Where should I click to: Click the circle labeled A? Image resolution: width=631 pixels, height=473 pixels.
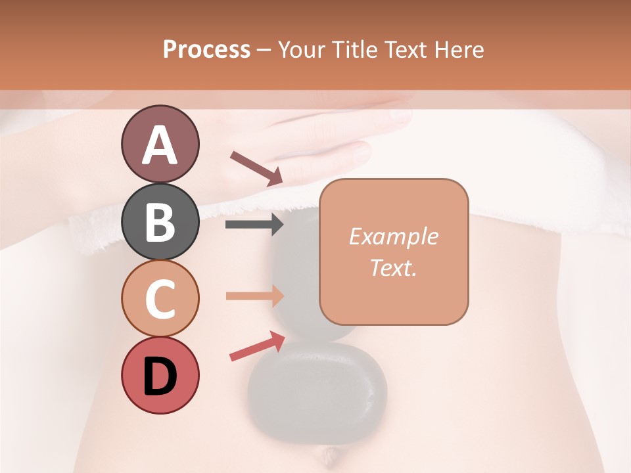tap(160, 144)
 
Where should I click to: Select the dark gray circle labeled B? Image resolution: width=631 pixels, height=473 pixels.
tap(160, 221)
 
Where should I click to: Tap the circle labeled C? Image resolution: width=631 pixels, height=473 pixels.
tap(160, 298)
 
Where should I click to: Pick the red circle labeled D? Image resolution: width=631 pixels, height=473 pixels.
tap(160, 375)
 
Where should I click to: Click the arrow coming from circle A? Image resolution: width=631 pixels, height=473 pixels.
tap(256, 168)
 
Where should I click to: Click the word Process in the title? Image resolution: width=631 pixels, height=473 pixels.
tap(206, 49)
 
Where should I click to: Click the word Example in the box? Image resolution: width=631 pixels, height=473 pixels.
tap(393, 236)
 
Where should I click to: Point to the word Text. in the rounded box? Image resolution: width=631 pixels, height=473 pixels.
tap(393, 267)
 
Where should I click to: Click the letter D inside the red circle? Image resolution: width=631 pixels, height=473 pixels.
tap(160, 376)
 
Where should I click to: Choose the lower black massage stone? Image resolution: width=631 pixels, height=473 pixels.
tap(317, 392)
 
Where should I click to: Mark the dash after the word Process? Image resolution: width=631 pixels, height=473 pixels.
tap(264, 50)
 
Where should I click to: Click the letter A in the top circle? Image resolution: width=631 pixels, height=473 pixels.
tap(160, 145)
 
